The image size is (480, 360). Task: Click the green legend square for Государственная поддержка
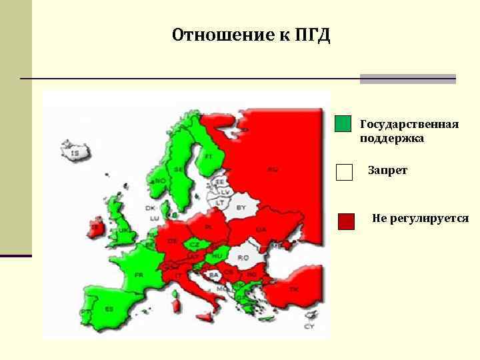[x=343, y=125]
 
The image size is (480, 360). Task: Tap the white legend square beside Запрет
[x=344, y=172]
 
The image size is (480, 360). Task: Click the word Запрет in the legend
[x=387, y=171]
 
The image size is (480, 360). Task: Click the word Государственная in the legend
[x=409, y=125]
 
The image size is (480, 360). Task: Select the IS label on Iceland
[x=75, y=153]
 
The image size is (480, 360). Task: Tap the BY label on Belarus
[x=241, y=207]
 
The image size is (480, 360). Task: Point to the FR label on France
[x=139, y=275]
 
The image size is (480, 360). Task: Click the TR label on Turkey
[x=293, y=289]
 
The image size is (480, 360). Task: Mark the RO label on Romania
[x=244, y=257]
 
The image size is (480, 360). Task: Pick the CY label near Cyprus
[x=309, y=326]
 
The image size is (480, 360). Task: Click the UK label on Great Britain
[x=124, y=229]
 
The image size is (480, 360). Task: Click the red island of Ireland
[x=97, y=227]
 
